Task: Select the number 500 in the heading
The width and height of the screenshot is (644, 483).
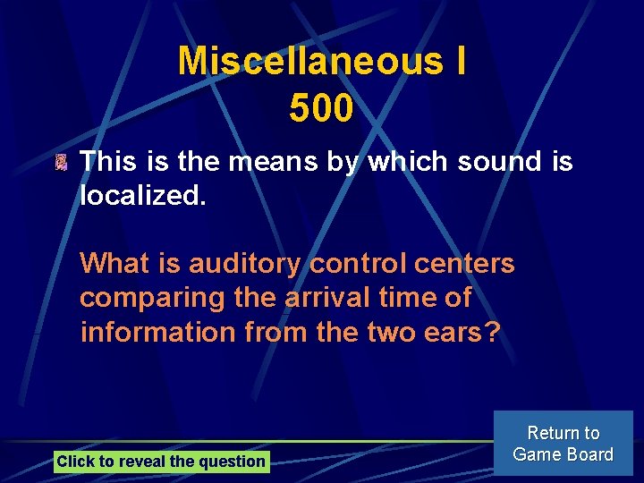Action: coord(321,109)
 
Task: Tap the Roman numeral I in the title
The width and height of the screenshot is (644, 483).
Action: coord(459,62)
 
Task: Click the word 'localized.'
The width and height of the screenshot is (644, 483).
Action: coord(143,194)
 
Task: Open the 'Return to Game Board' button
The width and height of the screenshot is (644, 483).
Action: coord(563,443)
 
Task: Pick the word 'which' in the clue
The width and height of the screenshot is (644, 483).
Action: coord(409,162)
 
